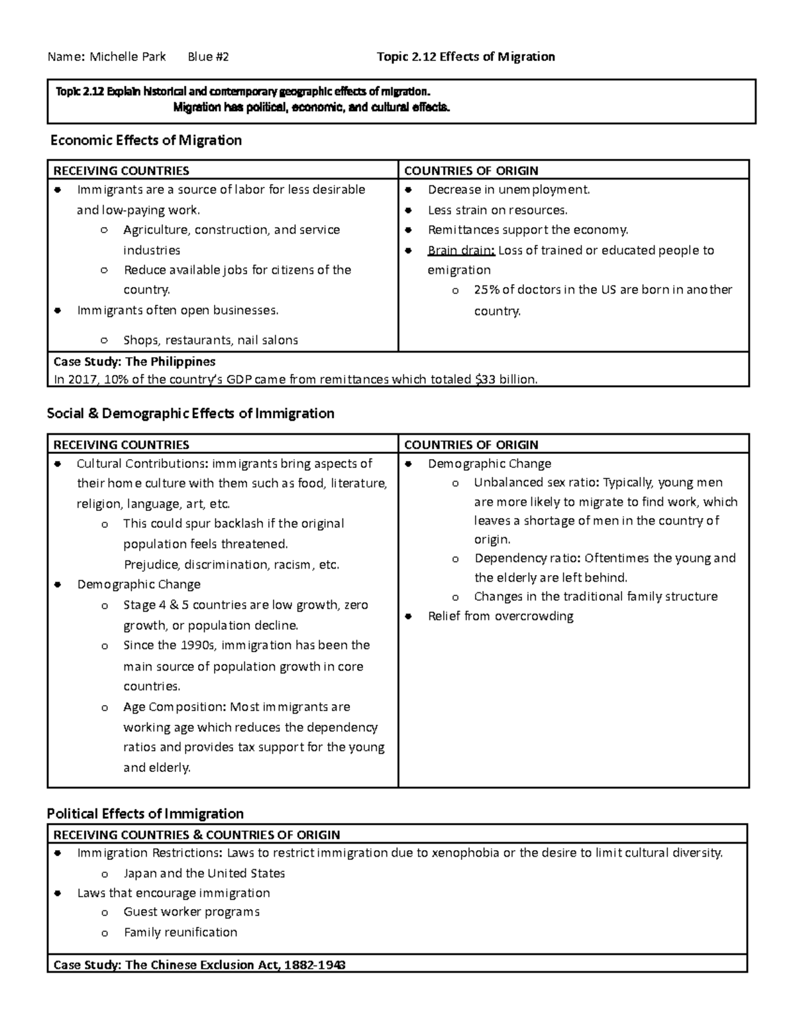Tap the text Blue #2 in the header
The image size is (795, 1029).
coord(208,57)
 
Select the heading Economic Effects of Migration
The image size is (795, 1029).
coord(146,140)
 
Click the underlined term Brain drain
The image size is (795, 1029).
coord(461,250)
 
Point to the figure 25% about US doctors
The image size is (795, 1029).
coord(486,290)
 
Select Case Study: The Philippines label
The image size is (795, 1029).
coord(134,362)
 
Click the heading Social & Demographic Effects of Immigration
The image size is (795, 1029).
coord(191,414)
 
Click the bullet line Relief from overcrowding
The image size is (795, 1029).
coord(500,616)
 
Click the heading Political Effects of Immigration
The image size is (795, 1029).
coord(146,814)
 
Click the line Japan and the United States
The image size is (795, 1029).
coord(204,873)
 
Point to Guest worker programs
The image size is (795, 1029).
coord(191,912)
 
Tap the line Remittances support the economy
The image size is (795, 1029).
coord(527,230)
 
